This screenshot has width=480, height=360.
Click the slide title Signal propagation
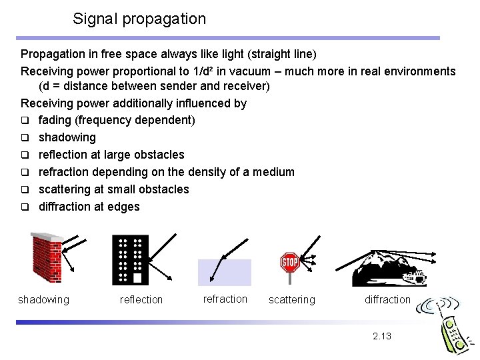[x=139, y=19]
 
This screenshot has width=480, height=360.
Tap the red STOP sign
[x=289, y=262]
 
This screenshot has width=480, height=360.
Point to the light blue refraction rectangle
[x=224, y=273]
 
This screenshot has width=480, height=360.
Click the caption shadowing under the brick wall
[x=43, y=300]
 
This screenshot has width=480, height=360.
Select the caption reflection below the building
[x=141, y=300]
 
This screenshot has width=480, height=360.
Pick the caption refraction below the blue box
[x=225, y=299]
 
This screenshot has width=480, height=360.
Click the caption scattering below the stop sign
[x=291, y=300]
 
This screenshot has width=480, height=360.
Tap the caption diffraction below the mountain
[x=387, y=300]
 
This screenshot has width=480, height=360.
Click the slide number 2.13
[x=382, y=336]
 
